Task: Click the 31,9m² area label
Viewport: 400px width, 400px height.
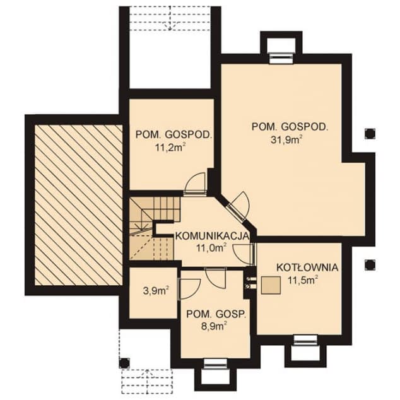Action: tap(286, 140)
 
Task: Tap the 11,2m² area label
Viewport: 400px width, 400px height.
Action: tap(170, 147)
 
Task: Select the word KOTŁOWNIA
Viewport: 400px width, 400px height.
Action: tap(307, 268)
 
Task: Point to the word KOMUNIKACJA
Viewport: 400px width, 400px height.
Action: tap(212, 236)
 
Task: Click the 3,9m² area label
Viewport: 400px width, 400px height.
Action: tap(156, 291)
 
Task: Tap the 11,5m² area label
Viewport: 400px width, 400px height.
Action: tap(303, 280)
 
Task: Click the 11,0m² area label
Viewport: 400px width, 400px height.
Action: tap(211, 248)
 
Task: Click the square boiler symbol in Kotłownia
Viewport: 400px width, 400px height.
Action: tap(271, 285)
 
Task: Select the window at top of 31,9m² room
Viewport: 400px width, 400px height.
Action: tap(281, 58)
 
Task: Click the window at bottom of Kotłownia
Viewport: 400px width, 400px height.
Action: tap(305, 340)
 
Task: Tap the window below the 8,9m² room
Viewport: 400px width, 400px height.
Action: tap(215, 364)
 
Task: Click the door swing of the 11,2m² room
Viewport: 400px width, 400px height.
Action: tap(195, 182)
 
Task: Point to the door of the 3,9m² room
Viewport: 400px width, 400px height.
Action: tap(190, 289)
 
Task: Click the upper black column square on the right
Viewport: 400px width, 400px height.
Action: tap(370, 134)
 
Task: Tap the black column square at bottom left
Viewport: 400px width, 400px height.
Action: tap(124, 363)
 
